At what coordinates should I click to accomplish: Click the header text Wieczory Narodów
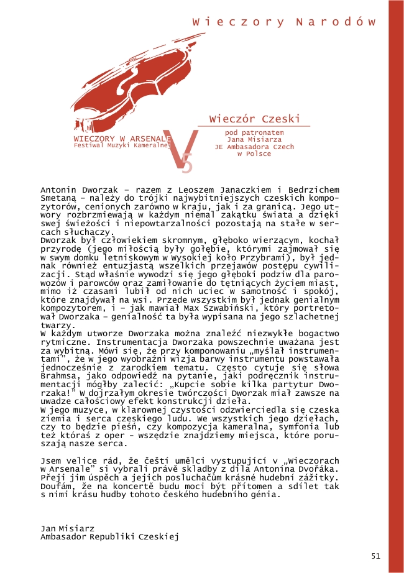point(285,21)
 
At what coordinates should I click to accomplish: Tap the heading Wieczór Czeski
point(255,118)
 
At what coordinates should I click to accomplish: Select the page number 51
point(375,555)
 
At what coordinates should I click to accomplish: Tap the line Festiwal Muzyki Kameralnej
point(122,145)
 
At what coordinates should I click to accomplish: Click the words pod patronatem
point(254,132)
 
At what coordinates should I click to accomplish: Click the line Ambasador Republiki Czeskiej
point(109,536)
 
